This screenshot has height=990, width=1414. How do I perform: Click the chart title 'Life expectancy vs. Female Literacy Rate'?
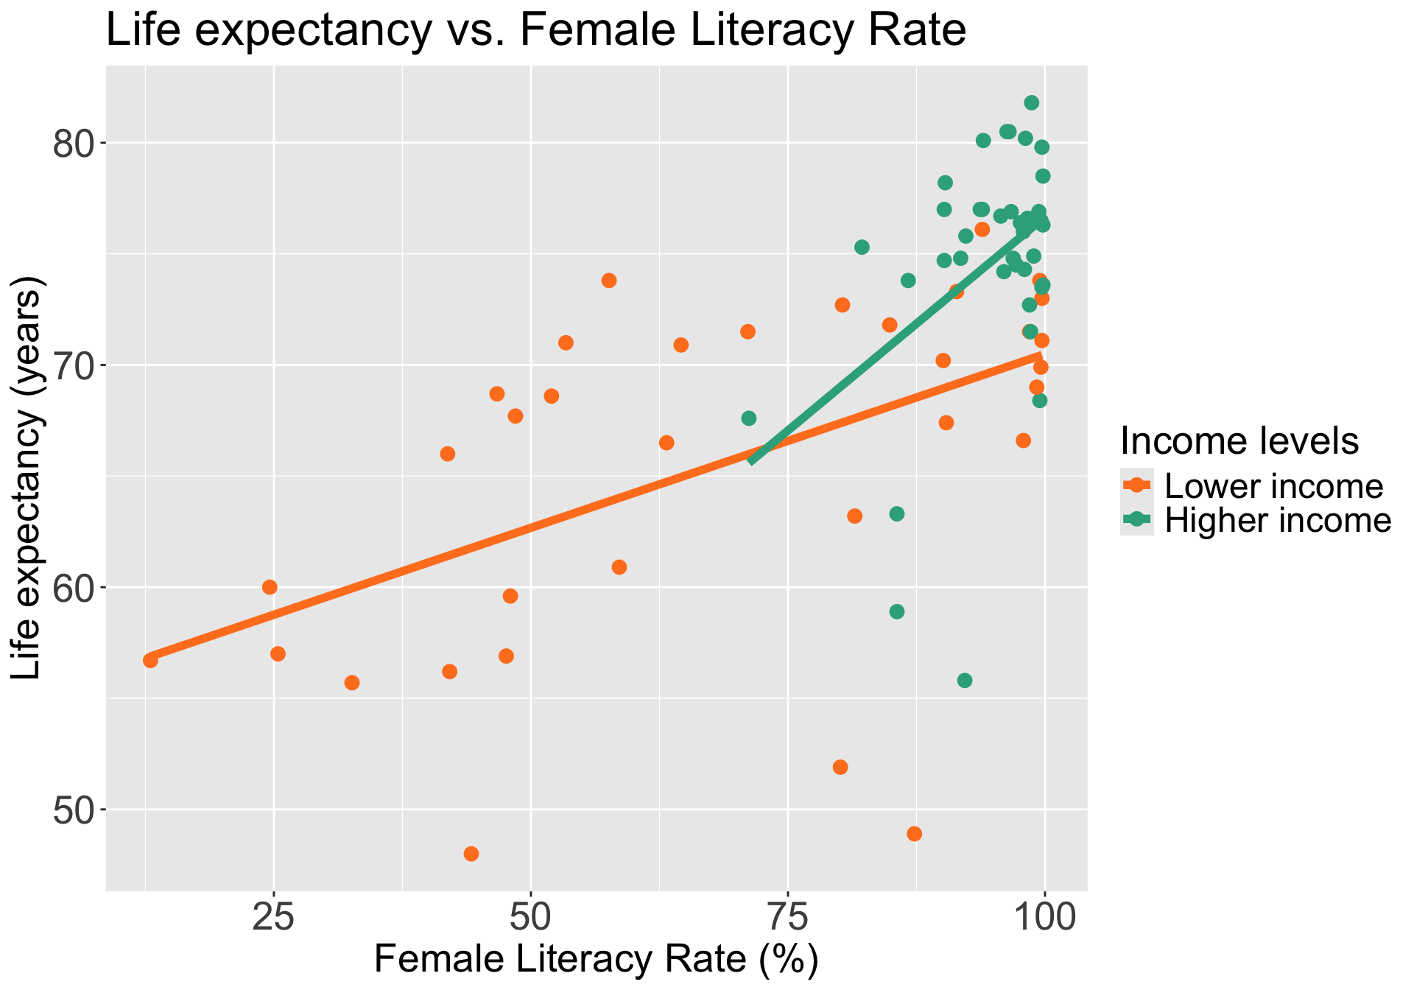[535, 31]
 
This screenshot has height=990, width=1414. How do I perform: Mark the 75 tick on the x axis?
[788, 919]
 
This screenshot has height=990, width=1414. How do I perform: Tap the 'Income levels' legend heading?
[1239, 441]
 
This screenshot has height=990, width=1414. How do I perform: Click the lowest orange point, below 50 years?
[471, 854]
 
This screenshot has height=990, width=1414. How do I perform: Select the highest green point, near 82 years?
[1032, 102]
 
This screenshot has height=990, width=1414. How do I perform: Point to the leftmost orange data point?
[151, 661]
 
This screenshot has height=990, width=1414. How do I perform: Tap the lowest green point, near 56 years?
[965, 681]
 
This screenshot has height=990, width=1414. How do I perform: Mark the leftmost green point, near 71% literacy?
[749, 418]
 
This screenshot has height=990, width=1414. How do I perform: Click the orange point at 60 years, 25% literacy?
[270, 587]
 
